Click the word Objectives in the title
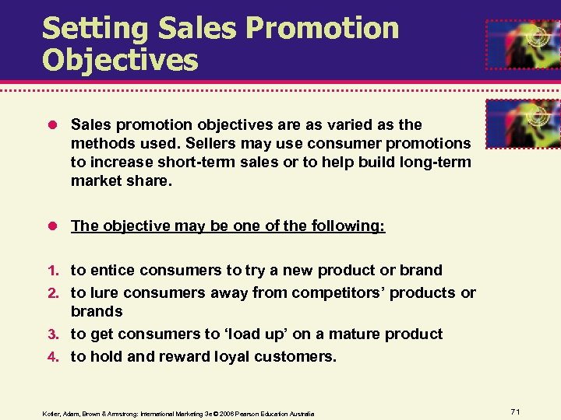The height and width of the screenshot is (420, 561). tap(120, 61)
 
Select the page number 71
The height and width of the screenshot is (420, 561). tap(515, 410)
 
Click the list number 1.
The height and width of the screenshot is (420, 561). tap(54, 271)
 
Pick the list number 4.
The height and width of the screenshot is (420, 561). tap(54, 357)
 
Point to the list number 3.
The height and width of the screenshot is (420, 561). tap(54, 334)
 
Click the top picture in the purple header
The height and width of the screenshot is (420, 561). tap(523, 45)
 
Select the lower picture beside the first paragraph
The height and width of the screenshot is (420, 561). tap(523, 123)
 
